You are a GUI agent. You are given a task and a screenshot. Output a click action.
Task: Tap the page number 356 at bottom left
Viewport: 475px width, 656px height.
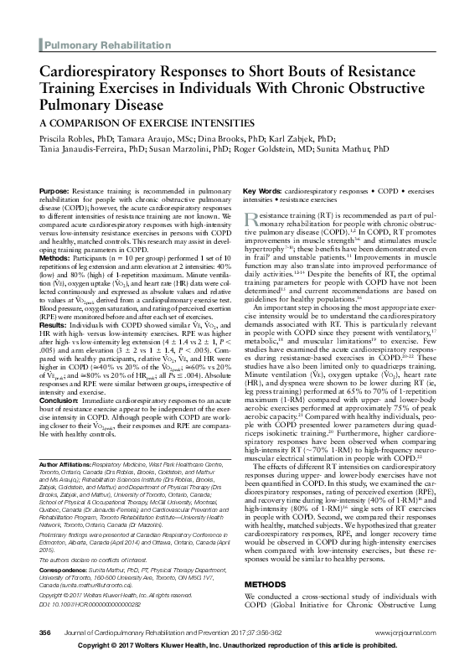tap(44, 630)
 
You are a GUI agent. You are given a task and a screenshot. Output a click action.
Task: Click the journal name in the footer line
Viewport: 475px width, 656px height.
tap(159, 630)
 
